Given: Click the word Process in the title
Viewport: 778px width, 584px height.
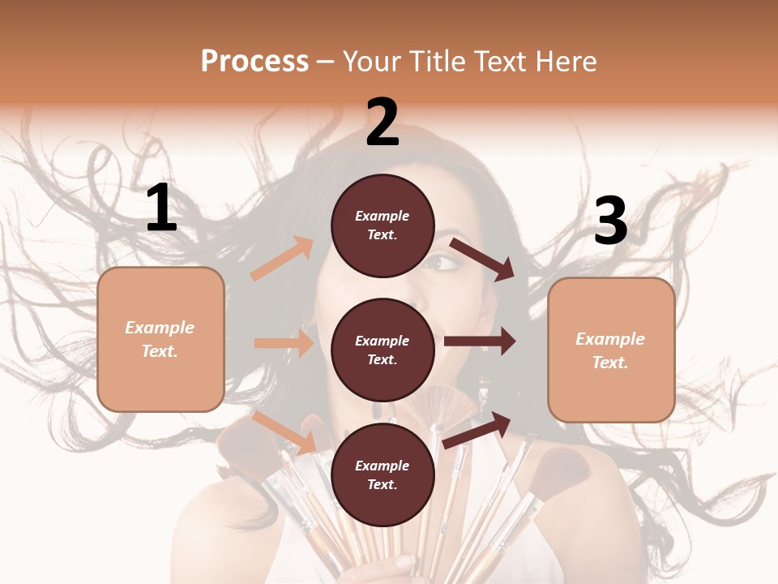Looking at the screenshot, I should pyautogui.click(x=254, y=61).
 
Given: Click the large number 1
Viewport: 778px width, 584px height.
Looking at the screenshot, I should pyautogui.click(x=161, y=208).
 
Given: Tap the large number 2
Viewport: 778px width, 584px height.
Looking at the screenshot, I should pyautogui.click(x=383, y=123).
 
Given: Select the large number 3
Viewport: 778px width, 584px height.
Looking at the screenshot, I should pyautogui.click(x=610, y=221).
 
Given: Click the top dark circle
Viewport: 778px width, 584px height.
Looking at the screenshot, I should pyautogui.click(x=383, y=225).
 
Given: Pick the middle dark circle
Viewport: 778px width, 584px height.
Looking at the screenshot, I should pyautogui.click(x=383, y=350).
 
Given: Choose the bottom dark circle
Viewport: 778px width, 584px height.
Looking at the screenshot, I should pyautogui.click(x=383, y=475).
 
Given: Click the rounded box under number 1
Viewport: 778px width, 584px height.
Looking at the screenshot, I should pyautogui.click(x=160, y=339).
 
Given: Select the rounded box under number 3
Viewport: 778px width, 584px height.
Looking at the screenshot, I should pyautogui.click(x=611, y=350).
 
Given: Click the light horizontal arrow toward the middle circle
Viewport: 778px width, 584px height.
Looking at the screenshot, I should pyautogui.click(x=284, y=343).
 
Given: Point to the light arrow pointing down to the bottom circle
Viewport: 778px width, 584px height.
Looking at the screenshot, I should pyautogui.click(x=284, y=432).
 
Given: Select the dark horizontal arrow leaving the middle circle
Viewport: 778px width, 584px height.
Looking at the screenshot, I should pyautogui.click(x=480, y=341).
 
